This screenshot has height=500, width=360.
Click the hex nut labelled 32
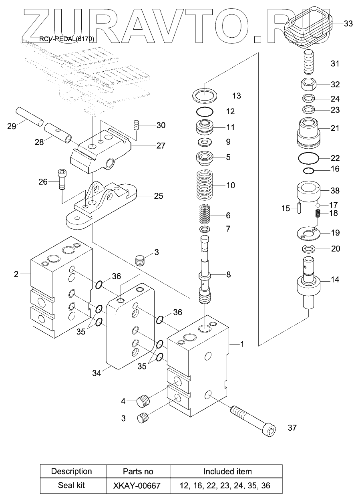point(309,84)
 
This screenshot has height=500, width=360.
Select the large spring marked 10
point(204,185)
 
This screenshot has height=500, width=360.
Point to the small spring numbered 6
point(205,214)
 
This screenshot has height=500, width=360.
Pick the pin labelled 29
point(30,117)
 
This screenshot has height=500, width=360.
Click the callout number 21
point(335,128)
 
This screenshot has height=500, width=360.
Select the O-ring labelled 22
point(308,158)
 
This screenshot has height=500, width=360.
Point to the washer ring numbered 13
point(205,95)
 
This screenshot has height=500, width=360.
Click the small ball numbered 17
point(318,205)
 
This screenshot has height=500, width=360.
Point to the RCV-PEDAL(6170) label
point(67,39)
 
